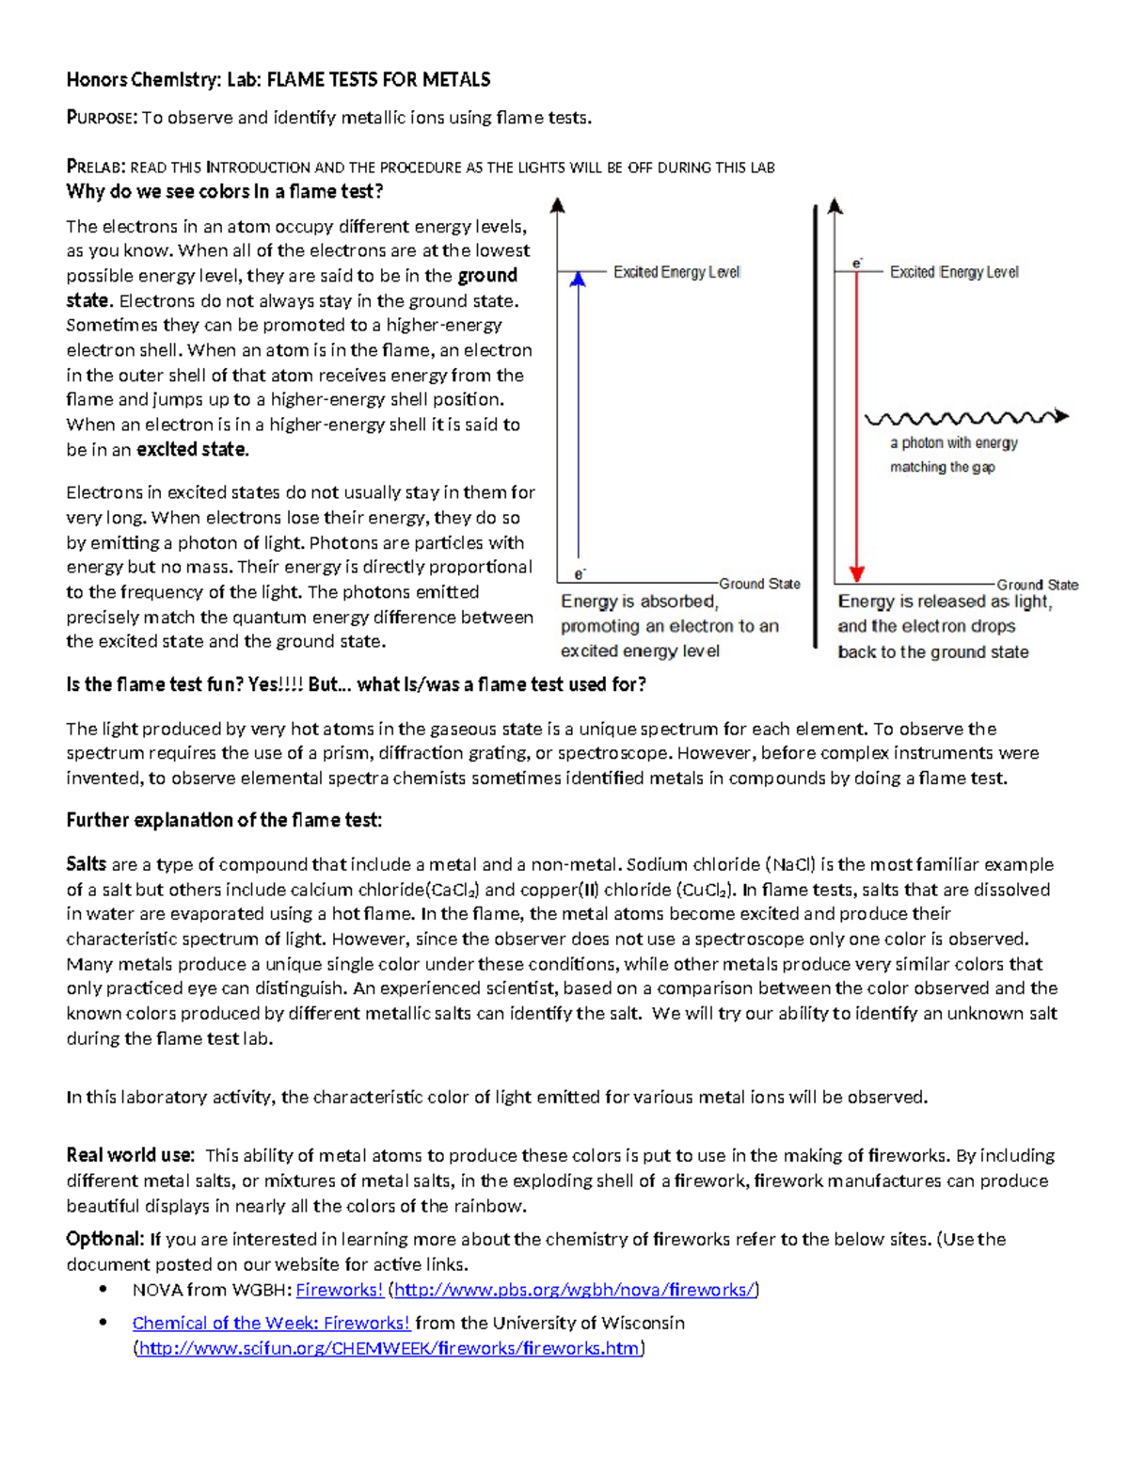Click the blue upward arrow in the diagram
[x=579, y=414]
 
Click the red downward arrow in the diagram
[x=856, y=424]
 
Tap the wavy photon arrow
[x=965, y=417]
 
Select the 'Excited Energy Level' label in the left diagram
[x=676, y=272]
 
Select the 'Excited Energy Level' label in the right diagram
[x=954, y=272]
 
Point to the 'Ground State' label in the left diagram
[x=759, y=584]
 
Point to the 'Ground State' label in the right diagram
[x=1037, y=585]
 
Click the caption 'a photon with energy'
[x=954, y=442]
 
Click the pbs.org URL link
[x=574, y=1290]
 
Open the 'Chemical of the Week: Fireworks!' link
[x=271, y=1323]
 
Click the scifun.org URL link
[x=390, y=1348]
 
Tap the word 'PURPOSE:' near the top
[x=102, y=118]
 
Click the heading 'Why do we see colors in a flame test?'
[x=225, y=192]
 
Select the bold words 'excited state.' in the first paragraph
[x=193, y=450]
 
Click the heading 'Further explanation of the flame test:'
[x=224, y=820]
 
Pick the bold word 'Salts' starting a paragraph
[x=86, y=864]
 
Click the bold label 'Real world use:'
[x=130, y=1155]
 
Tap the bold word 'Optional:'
[x=105, y=1239]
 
